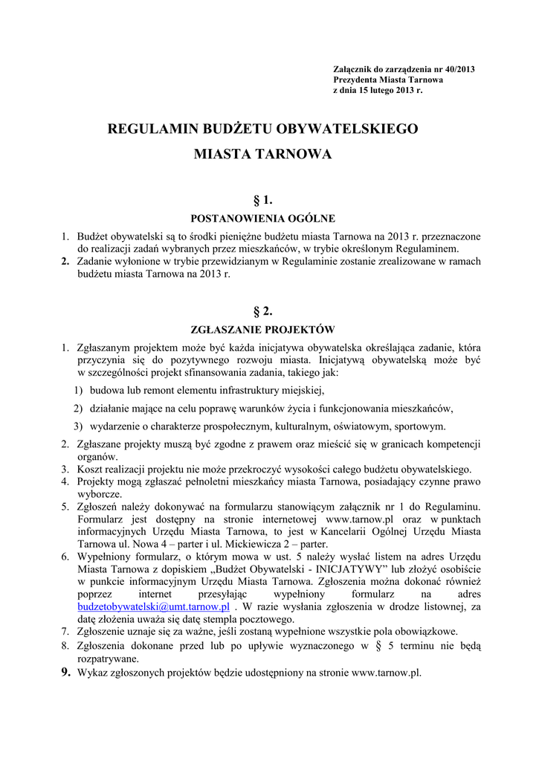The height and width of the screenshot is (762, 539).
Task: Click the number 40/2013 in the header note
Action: (x=456, y=69)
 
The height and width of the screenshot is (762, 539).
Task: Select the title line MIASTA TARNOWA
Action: (x=263, y=156)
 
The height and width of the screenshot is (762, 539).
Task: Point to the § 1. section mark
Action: (x=263, y=199)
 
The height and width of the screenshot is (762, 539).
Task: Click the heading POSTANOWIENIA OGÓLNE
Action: (x=263, y=219)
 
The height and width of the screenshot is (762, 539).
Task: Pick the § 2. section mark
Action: (x=263, y=310)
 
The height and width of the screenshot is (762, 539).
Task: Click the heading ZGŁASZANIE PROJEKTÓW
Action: (x=263, y=329)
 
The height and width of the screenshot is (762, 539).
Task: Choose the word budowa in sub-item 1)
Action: (x=106, y=389)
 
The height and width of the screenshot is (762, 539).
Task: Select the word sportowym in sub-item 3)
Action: (x=422, y=426)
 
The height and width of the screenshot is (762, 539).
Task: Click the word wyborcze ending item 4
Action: (x=100, y=494)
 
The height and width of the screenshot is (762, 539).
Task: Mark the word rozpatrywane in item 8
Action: (x=108, y=659)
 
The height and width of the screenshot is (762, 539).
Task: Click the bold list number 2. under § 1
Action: (x=65, y=261)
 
